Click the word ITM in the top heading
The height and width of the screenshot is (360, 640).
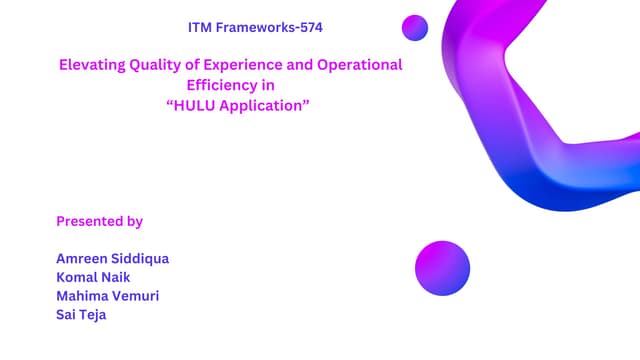(201, 27)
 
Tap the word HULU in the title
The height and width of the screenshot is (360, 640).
(193, 105)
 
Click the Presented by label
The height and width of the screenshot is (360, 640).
(99, 221)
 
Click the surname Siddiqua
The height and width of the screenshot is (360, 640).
(143, 258)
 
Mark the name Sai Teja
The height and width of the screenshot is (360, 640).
(81, 315)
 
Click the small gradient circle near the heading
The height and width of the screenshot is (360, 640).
(414, 28)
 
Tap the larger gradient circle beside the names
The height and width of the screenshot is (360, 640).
(442, 268)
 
